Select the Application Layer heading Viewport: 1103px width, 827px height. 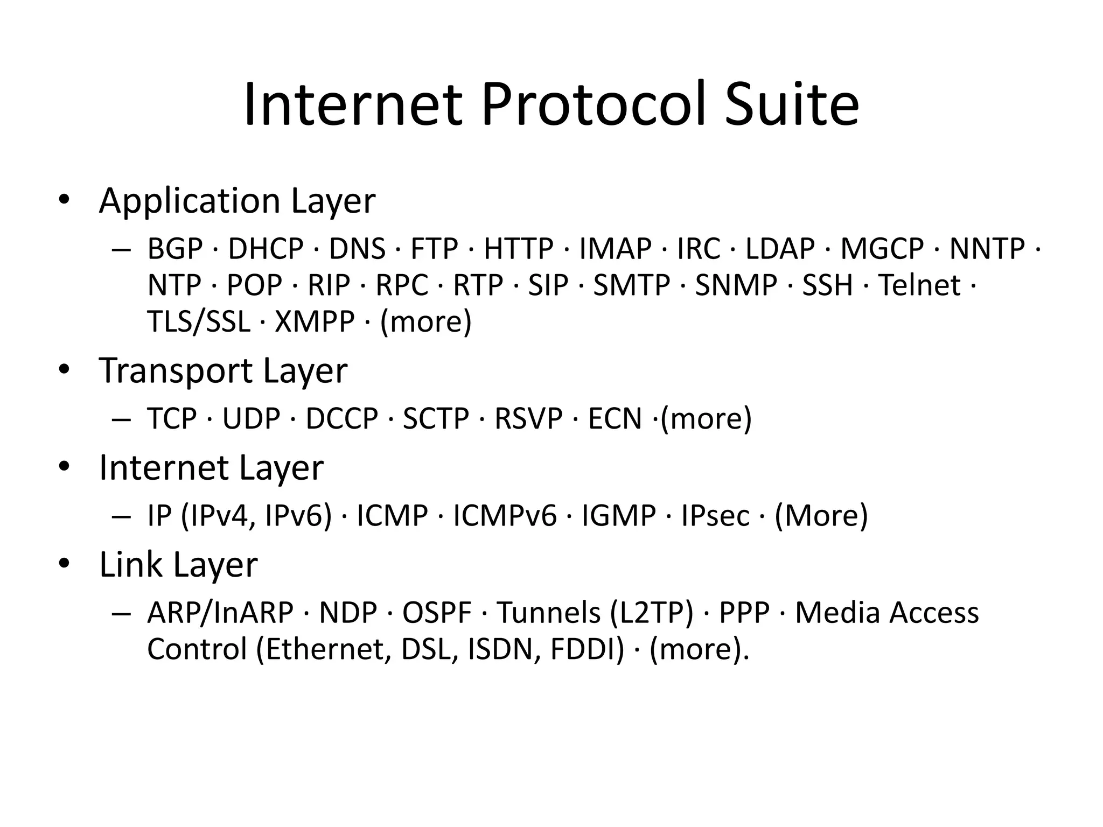237,201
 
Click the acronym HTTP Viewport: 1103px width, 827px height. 518,249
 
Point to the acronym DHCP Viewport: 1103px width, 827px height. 266,249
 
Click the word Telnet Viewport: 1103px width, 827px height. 919,285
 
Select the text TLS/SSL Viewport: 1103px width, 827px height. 199,322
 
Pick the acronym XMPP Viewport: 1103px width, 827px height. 315,322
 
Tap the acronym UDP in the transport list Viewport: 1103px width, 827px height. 252,419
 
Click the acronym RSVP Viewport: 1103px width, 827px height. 528,419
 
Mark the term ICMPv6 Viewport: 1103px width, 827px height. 505,516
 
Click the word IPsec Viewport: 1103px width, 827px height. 715,516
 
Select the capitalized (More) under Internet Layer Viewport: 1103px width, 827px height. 821,516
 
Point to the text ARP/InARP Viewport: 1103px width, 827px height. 220,613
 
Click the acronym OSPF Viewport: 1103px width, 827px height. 437,613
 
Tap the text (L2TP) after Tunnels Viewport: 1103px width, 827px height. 652,613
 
